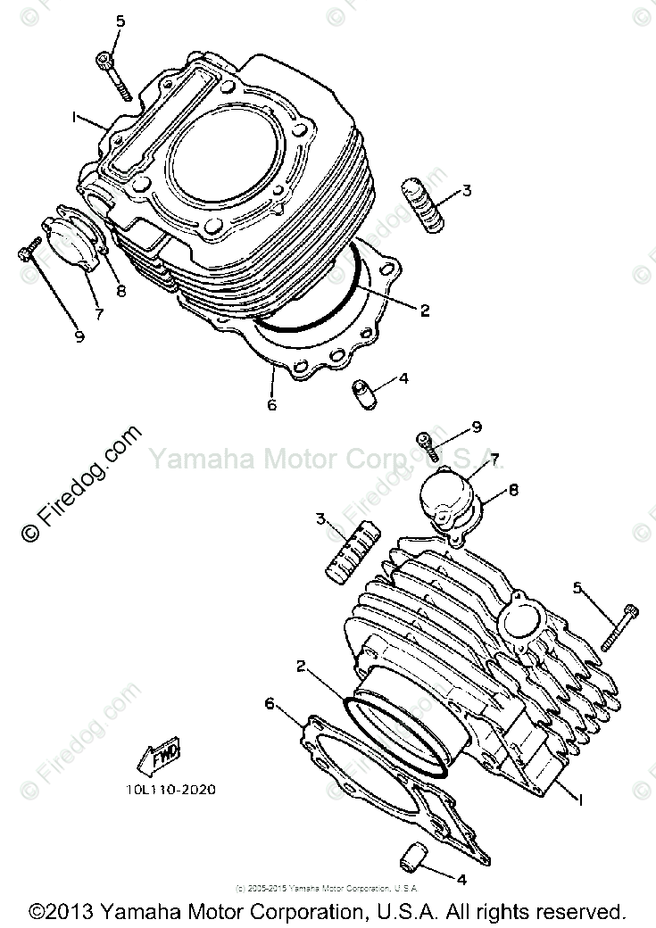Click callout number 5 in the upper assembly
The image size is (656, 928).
(x=120, y=21)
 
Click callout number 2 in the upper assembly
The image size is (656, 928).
(x=425, y=311)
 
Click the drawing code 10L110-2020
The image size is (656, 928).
(x=170, y=789)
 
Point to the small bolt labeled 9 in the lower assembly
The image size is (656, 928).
(x=427, y=439)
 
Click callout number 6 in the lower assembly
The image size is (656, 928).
(x=270, y=704)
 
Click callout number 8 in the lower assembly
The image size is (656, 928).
(x=513, y=489)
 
